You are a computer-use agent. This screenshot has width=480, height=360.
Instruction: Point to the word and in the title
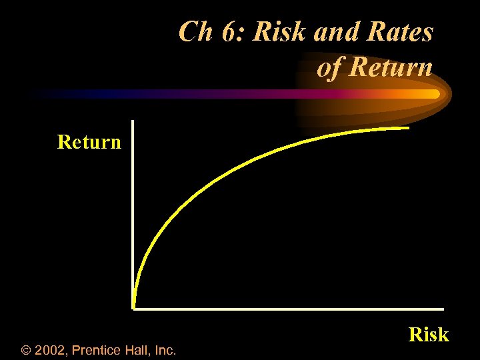[x=332, y=31]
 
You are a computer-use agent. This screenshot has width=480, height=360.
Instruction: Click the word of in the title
[x=330, y=67]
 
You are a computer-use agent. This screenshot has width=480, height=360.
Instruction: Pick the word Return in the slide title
[x=391, y=67]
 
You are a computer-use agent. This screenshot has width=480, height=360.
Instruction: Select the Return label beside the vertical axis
[x=89, y=142]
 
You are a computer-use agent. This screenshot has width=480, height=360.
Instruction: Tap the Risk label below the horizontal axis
[x=429, y=334]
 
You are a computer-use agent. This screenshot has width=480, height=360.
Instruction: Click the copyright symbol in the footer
[x=27, y=349]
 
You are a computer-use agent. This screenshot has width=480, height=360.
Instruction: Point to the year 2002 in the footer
[x=51, y=349]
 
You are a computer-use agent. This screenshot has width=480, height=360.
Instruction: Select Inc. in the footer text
[x=165, y=349]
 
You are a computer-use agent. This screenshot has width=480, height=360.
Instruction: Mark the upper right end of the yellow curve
[x=407, y=128]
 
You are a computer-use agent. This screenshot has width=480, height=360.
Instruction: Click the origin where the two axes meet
[x=133, y=308]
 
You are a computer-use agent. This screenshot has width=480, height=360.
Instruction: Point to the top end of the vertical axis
[x=133, y=122]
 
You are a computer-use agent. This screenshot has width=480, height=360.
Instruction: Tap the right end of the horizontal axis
[x=442, y=309]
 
